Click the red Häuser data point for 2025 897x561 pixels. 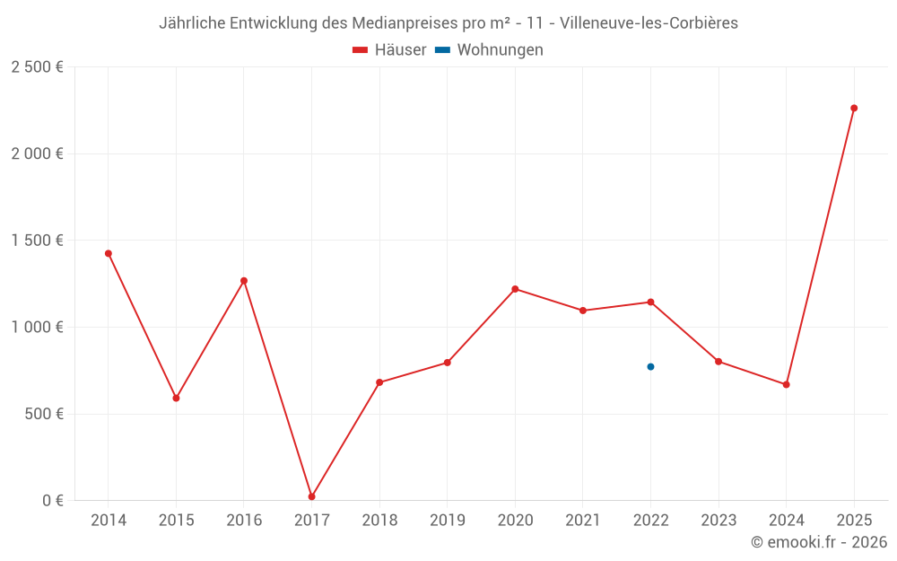coord(854,108)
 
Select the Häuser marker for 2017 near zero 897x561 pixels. coord(311,496)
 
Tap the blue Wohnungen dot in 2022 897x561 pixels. coord(650,366)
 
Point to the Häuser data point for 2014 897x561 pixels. coord(109,253)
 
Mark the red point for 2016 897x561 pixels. coord(244,281)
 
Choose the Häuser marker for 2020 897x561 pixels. coord(515,289)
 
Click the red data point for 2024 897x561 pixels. coord(786,384)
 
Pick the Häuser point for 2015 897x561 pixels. coord(176,398)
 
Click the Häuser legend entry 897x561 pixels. coord(390,50)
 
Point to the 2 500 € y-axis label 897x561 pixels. coord(37,67)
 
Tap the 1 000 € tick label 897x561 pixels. coord(37,328)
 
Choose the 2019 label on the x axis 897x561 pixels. coord(447,521)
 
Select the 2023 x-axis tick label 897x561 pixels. coord(718,521)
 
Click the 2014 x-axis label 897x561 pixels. coord(109,521)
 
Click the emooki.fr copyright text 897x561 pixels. coord(819,542)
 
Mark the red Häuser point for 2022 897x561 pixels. coord(650,302)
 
